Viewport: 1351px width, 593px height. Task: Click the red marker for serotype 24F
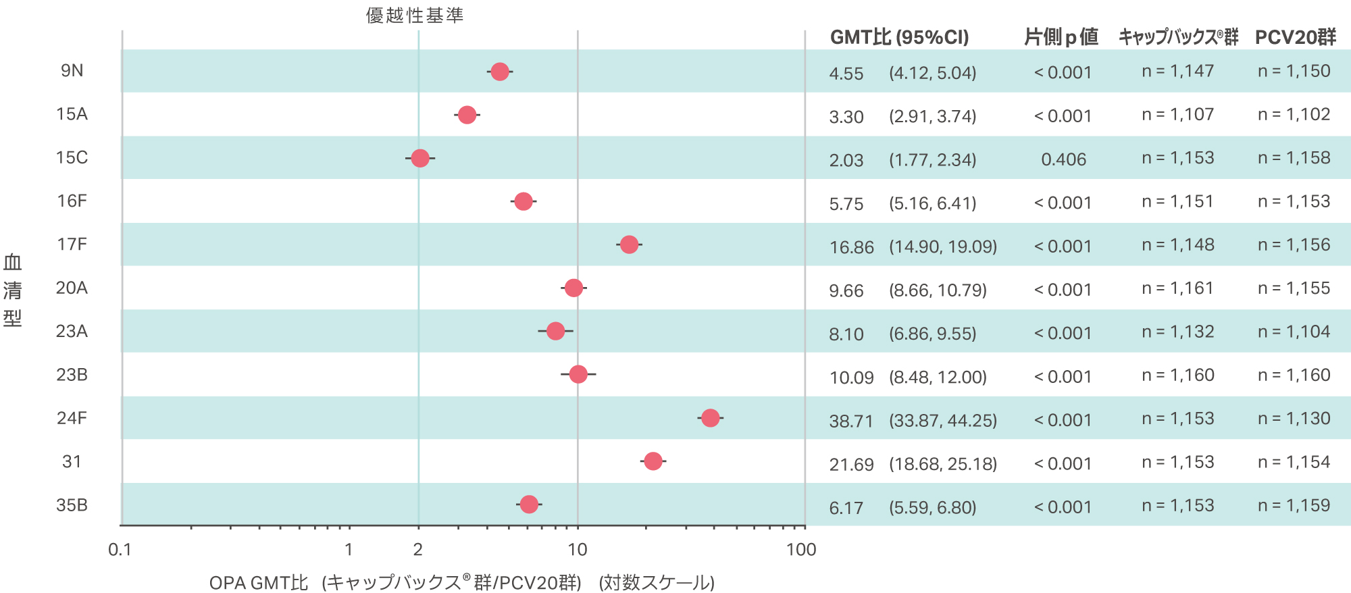(x=710, y=418)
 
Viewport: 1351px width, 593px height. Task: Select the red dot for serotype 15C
(x=420, y=158)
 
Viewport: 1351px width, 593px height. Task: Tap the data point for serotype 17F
(x=629, y=244)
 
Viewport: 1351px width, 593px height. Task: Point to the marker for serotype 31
(x=653, y=461)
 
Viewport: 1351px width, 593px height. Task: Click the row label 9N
(x=72, y=71)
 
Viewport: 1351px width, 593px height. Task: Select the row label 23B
(x=72, y=375)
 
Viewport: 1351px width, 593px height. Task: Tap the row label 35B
(x=72, y=505)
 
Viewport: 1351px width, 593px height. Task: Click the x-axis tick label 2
(x=418, y=550)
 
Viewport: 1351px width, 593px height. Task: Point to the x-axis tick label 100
(x=801, y=550)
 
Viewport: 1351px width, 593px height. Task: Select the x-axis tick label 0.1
(x=120, y=550)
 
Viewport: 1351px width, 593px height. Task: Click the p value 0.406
(x=1063, y=159)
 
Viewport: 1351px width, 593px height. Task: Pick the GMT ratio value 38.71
(x=851, y=421)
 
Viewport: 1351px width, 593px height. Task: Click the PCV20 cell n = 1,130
(x=1294, y=419)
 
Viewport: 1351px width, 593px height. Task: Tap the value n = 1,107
(x=1177, y=115)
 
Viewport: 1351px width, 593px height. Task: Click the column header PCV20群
(x=1295, y=37)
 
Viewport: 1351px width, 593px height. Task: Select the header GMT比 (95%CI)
(x=899, y=37)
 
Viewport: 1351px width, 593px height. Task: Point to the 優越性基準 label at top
(x=415, y=16)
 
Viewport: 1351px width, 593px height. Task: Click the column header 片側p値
(x=1061, y=37)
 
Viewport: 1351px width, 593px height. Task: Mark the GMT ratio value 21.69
(x=851, y=465)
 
